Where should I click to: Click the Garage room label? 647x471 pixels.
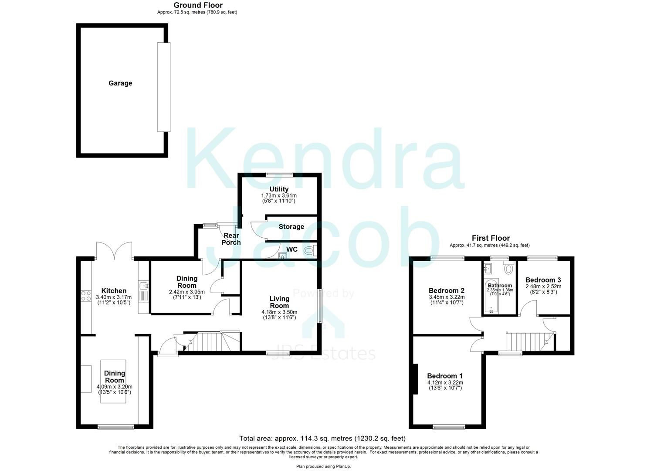[120, 83]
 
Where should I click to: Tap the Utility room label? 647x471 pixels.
[279, 189]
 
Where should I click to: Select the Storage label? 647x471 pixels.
[291, 227]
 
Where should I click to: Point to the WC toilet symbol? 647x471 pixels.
[309, 250]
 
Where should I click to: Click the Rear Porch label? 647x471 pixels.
[231, 239]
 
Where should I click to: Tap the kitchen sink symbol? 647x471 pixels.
[144, 286]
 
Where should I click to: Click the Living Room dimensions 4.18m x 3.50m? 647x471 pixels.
[279, 312]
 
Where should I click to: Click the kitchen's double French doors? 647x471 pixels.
[114, 252]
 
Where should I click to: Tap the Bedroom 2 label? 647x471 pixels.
[447, 290]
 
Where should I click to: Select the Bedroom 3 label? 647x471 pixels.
[543, 280]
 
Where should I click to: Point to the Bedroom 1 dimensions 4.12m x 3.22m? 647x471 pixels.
[445, 382]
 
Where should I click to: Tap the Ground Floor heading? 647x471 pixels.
[198, 5]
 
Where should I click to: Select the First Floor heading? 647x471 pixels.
[491, 238]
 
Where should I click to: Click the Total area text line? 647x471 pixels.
[322, 438]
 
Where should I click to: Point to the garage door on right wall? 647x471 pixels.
[164, 87]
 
